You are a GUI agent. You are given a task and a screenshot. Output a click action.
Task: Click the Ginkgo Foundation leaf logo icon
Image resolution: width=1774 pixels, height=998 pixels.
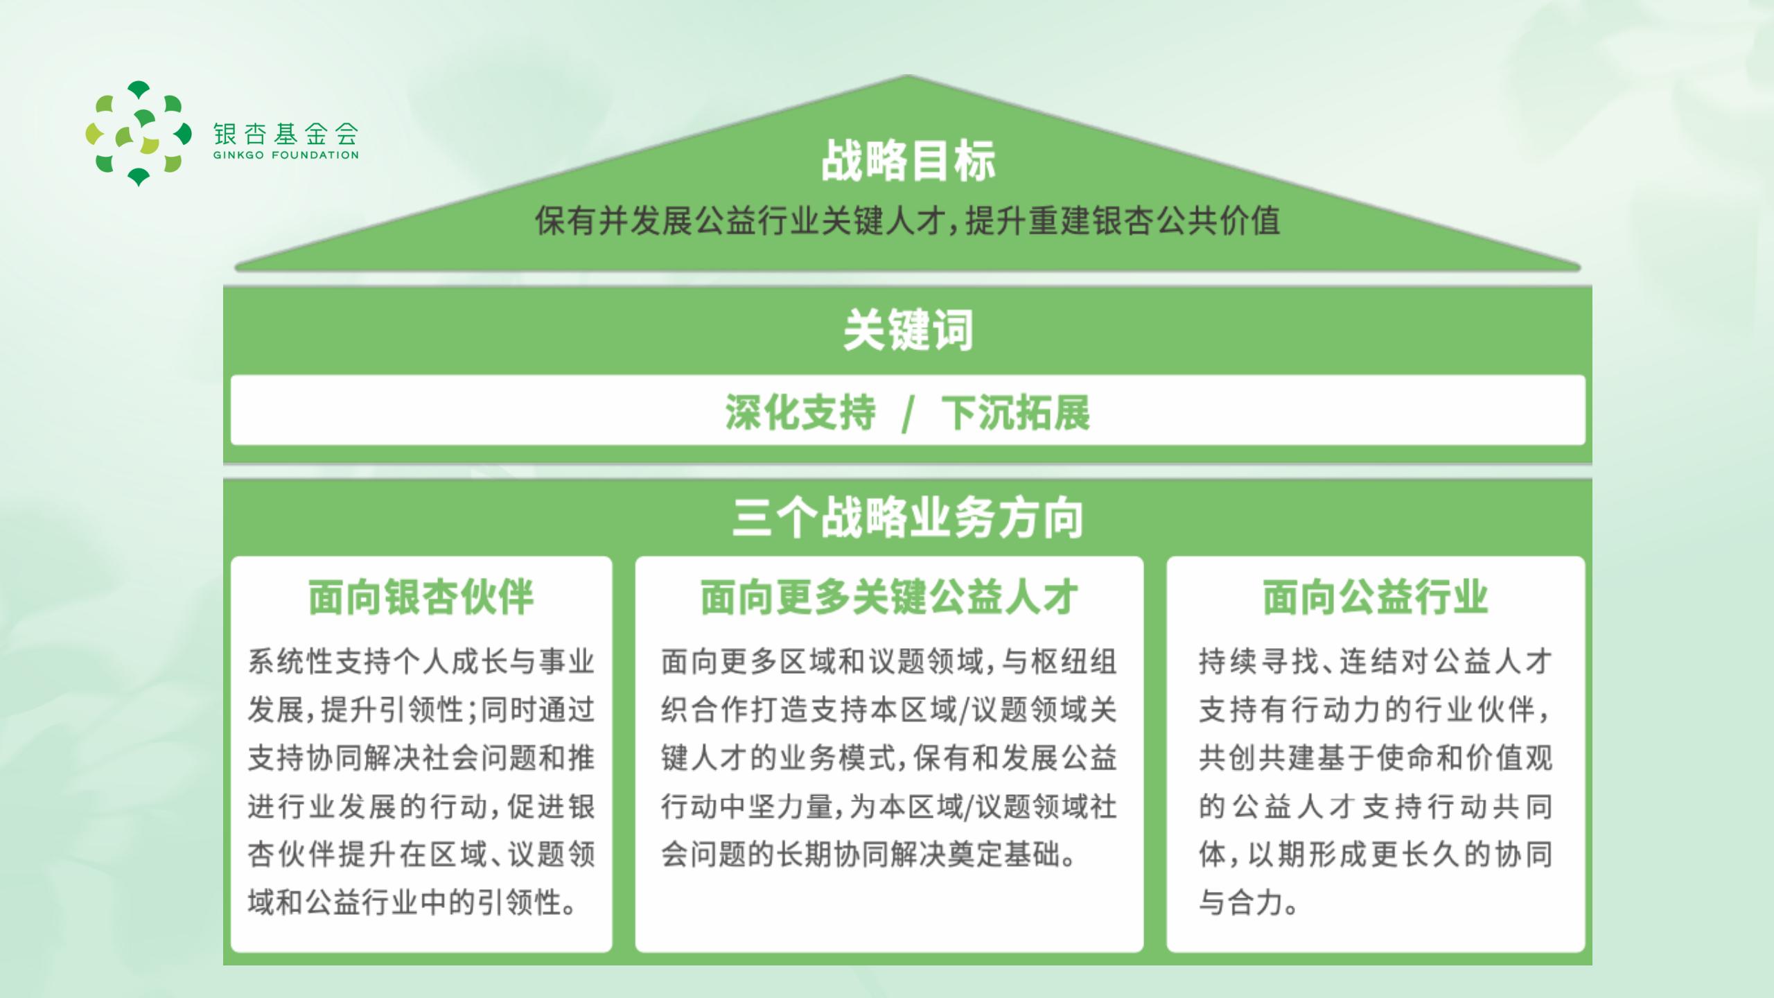tap(139, 134)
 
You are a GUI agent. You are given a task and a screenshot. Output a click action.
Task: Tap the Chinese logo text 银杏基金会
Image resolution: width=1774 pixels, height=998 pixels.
tap(286, 133)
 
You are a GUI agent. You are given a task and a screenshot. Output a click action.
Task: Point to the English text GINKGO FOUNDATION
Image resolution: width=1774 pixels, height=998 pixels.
tap(286, 155)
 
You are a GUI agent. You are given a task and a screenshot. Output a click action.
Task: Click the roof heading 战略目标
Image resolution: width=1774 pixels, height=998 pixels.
tap(908, 161)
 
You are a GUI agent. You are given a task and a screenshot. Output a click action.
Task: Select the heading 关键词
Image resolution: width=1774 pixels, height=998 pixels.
tap(908, 330)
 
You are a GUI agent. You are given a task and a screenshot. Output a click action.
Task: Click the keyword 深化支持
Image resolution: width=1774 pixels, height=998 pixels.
tap(800, 412)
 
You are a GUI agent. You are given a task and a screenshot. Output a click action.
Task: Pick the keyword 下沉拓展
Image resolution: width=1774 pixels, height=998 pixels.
tap(1015, 412)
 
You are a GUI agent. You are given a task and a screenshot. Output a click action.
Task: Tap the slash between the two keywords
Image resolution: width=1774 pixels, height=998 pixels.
tap(908, 414)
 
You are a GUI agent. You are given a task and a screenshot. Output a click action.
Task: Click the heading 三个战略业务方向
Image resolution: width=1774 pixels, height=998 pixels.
tap(908, 518)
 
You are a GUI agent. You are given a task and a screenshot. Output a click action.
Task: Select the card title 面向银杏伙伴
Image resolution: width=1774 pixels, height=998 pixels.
tap(421, 597)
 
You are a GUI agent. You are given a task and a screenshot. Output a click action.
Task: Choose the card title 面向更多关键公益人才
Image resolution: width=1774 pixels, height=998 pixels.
tap(889, 597)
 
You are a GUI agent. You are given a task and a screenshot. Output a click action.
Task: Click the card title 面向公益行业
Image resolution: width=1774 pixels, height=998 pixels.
tap(1376, 597)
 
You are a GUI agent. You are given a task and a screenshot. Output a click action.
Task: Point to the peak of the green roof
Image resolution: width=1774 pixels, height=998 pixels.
tap(908, 76)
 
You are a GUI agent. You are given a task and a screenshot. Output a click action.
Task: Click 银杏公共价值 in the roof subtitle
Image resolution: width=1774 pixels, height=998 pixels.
tap(1186, 221)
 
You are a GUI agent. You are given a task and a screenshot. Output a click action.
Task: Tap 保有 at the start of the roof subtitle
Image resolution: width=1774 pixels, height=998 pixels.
tap(565, 221)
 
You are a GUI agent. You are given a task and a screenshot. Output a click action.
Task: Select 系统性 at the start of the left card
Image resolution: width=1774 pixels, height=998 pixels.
tap(291, 661)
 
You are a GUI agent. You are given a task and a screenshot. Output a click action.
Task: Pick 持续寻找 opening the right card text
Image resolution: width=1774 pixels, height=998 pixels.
tap(1257, 661)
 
